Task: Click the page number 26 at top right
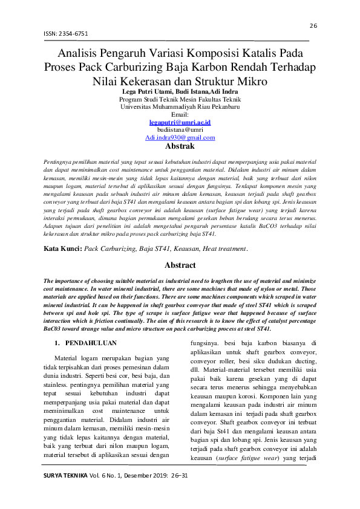[x=313, y=25]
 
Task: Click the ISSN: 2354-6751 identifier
[x=65, y=34]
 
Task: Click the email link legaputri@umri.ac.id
[x=180, y=122]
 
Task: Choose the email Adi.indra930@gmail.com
[x=180, y=137]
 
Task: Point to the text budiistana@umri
[x=180, y=129]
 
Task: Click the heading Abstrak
[x=180, y=146]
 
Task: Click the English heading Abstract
[x=180, y=265]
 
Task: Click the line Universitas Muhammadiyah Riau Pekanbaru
[x=180, y=106]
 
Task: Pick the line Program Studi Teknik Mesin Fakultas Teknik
[x=180, y=99]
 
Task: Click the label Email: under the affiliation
[x=180, y=114]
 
